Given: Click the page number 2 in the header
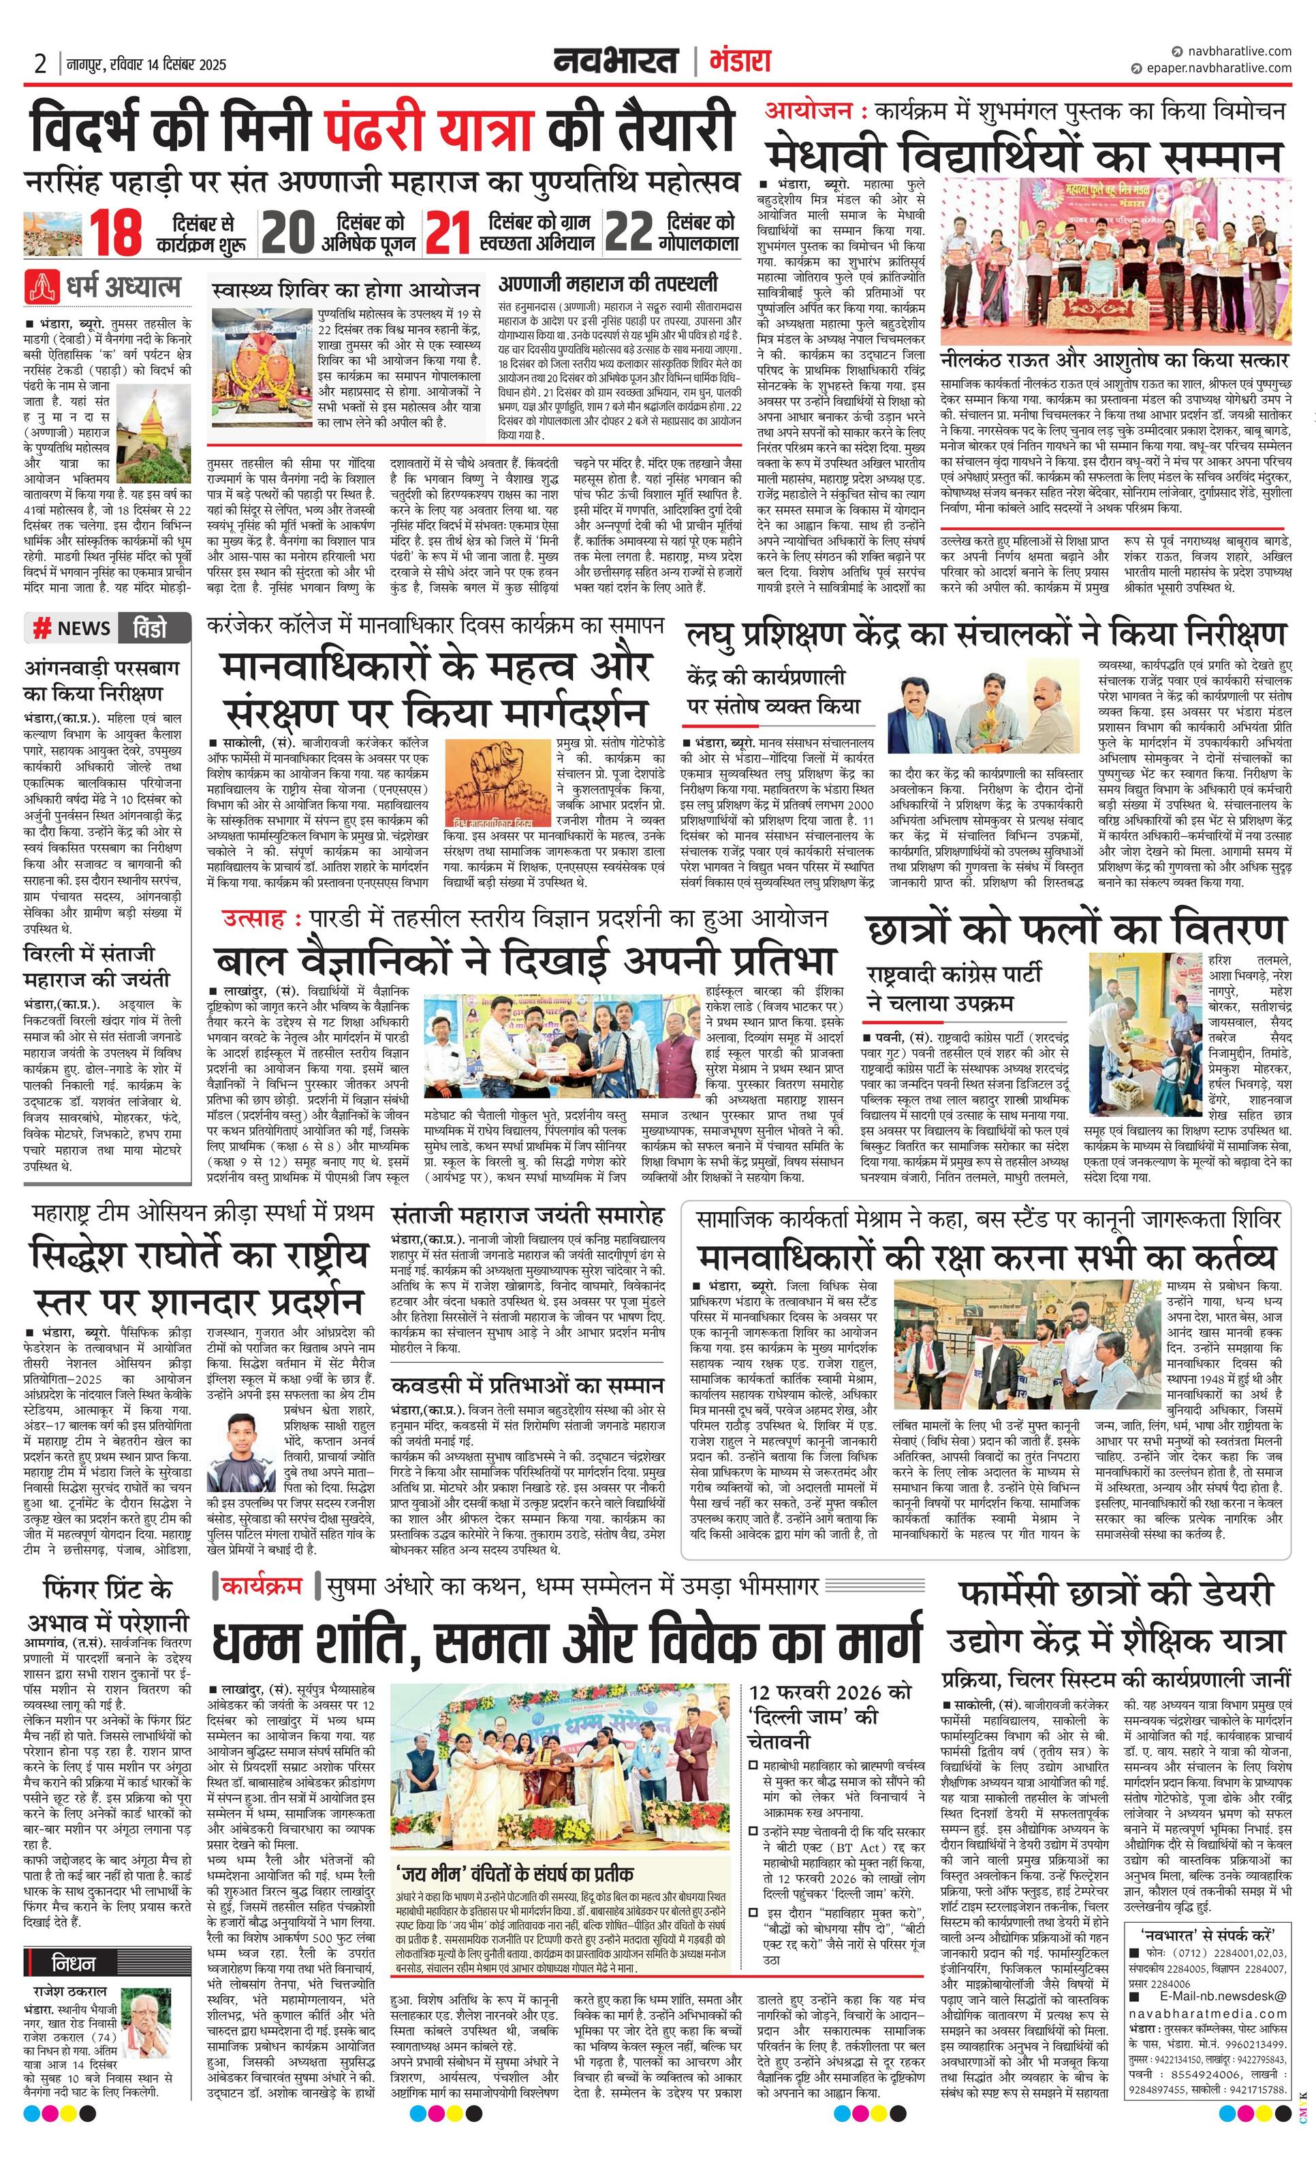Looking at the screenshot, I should tap(40, 63).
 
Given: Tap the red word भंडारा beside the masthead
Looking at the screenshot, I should tap(738, 61).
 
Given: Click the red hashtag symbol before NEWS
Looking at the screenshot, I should tap(42, 628).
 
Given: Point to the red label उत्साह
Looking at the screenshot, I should tap(253, 918).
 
